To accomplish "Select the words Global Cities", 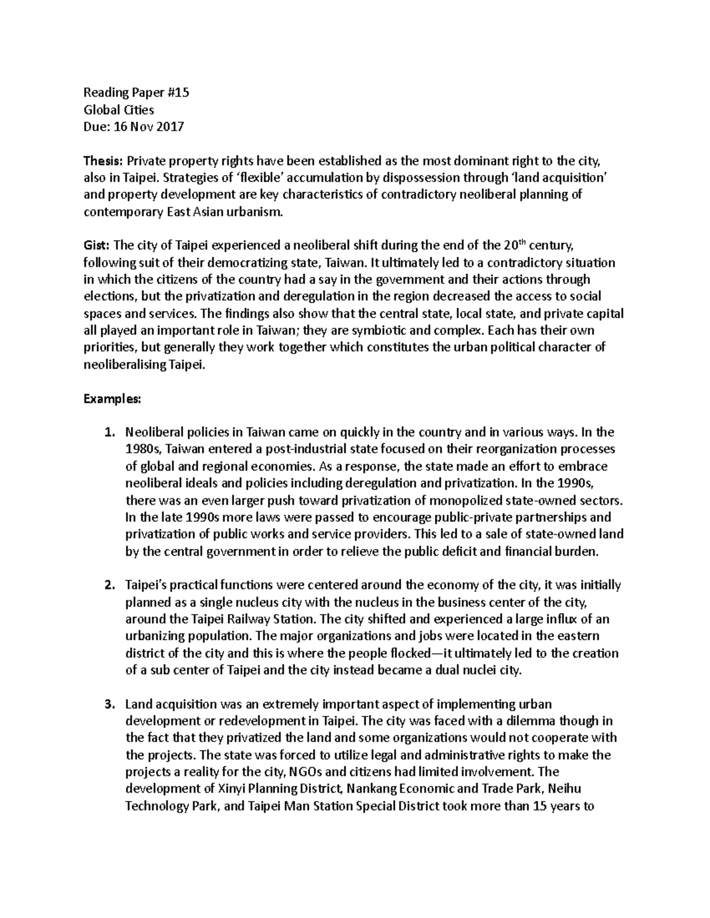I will (118, 109).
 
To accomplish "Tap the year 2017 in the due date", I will (170, 126).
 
